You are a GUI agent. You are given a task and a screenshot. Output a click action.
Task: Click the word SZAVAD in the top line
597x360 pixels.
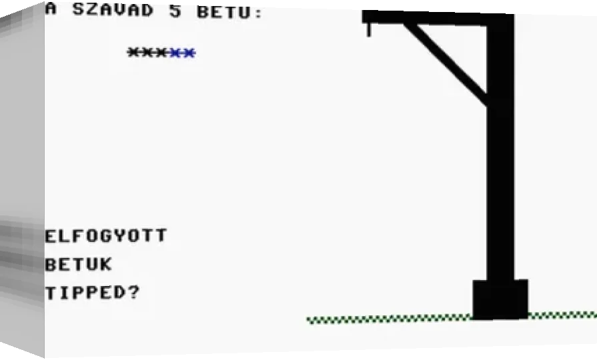pos(113,10)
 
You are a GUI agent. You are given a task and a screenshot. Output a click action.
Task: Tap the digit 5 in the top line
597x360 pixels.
pos(175,11)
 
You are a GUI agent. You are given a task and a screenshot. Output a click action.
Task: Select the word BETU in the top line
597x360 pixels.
pos(224,12)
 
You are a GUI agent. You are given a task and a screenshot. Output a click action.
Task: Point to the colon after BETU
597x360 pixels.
pos(259,13)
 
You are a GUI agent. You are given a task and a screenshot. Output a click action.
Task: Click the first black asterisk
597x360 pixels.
pos(134,52)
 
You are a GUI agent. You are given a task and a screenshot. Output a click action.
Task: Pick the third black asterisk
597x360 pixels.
pos(161,53)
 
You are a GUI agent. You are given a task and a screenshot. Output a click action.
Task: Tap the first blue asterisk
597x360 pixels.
pos(175,53)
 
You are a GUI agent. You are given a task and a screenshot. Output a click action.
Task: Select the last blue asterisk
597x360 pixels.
pos(189,53)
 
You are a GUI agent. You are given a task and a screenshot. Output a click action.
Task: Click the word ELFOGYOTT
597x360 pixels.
pos(106,236)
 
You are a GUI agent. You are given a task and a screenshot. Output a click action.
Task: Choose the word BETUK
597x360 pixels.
pos(79,265)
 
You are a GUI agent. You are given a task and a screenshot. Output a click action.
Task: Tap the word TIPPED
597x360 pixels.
pos(85,293)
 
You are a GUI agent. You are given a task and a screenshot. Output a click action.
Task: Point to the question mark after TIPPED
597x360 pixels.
pos(133,292)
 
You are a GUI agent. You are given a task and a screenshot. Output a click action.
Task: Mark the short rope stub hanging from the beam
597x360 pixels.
pos(369,30)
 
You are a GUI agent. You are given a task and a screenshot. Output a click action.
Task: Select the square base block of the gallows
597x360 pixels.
pos(500,300)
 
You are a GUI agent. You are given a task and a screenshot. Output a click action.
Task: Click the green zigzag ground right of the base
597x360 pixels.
pos(562,315)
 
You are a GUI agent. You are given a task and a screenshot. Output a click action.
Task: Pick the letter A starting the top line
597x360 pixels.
pos(51,9)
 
